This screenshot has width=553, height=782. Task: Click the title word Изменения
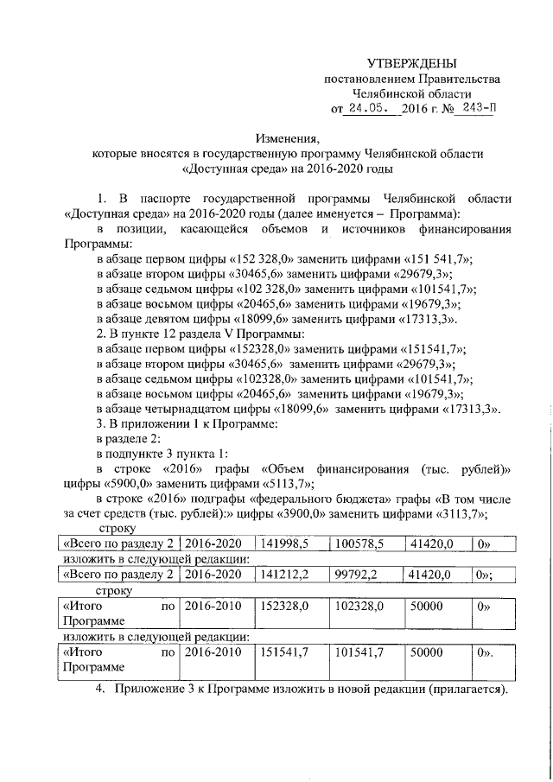click(x=287, y=138)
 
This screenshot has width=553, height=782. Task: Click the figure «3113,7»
click(x=456, y=515)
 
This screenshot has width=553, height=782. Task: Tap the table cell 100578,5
click(x=359, y=544)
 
